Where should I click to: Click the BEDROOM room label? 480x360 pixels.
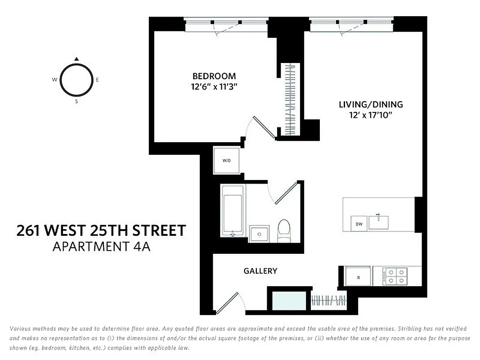coord(214,76)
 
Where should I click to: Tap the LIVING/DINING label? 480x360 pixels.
coord(371,104)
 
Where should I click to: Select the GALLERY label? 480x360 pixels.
coord(260,271)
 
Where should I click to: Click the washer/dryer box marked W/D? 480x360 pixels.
coord(226,161)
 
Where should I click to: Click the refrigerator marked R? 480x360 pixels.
coord(358,277)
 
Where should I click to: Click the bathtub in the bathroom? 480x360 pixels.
coord(233,210)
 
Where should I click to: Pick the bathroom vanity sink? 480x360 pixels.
coord(259,233)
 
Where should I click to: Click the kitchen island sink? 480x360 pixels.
coord(379,222)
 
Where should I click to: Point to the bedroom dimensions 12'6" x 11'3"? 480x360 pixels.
coord(214,87)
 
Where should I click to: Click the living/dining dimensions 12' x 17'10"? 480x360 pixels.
coord(371,115)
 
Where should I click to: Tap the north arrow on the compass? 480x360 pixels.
coord(76,58)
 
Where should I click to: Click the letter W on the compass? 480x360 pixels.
coord(54,80)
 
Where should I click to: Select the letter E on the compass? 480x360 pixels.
coord(97,80)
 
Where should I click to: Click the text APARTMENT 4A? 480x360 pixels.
coord(102,247)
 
